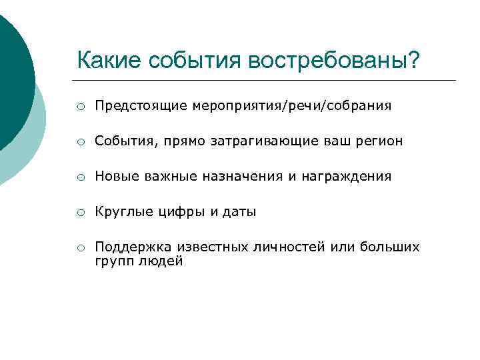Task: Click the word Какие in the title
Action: tap(109, 60)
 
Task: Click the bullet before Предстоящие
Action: tap(80, 106)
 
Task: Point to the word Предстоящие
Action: tap(141, 106)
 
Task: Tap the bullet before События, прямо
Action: tap(80, 141)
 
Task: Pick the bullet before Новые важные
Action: tap(80, 177)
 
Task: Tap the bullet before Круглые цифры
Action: tap(80, 212)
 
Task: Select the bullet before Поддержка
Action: tap(80, 248)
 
